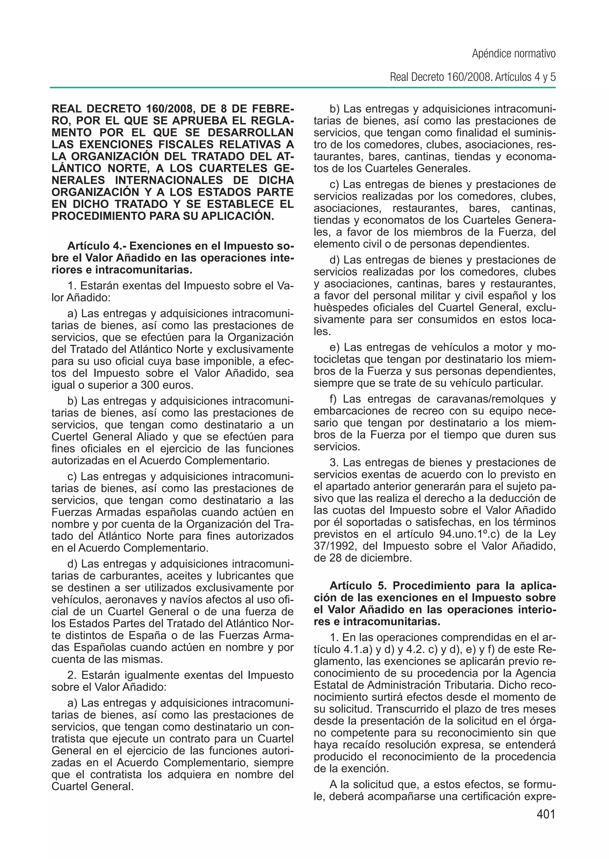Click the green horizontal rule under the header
tap(303, 88)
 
